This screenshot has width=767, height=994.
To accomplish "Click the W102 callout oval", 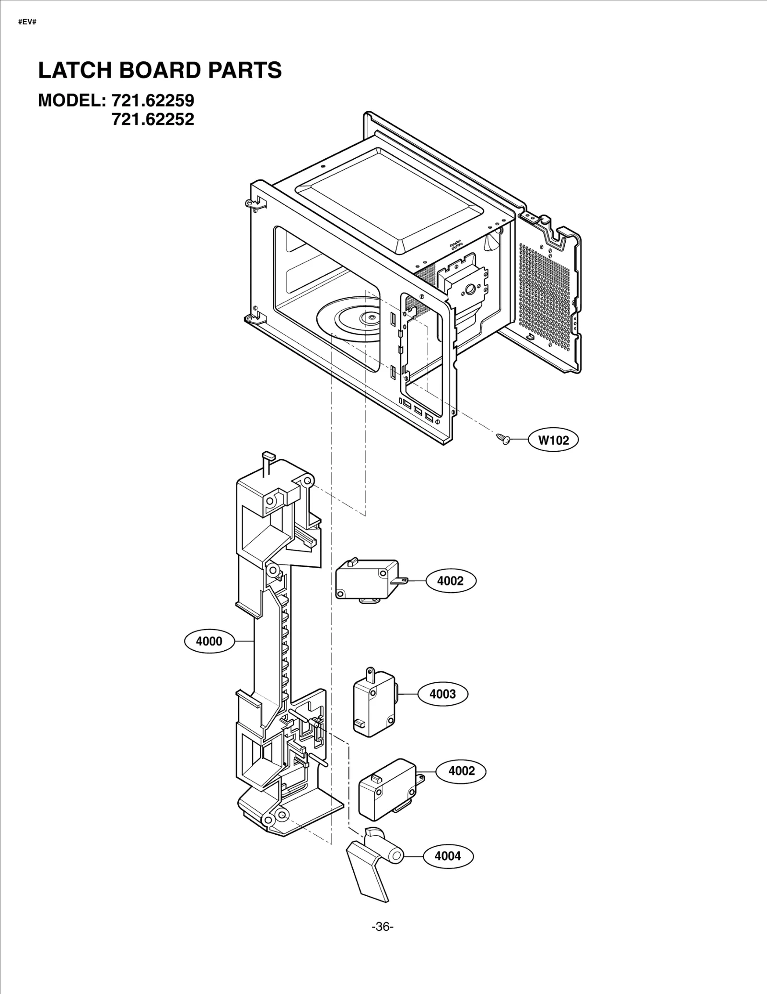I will (553, 440).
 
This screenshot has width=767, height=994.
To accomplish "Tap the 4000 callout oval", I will (209, 641).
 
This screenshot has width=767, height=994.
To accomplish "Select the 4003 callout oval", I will (442, 694).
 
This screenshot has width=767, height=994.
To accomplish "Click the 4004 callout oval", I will (448, 855).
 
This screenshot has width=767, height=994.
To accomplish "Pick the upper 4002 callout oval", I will (451, 581).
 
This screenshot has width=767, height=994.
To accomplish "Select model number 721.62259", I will (152, 101).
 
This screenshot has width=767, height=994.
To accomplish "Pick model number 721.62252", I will (152, 119).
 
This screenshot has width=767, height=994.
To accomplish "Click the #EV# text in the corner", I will (27, 23).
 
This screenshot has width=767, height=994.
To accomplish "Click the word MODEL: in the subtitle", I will (71, 101).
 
